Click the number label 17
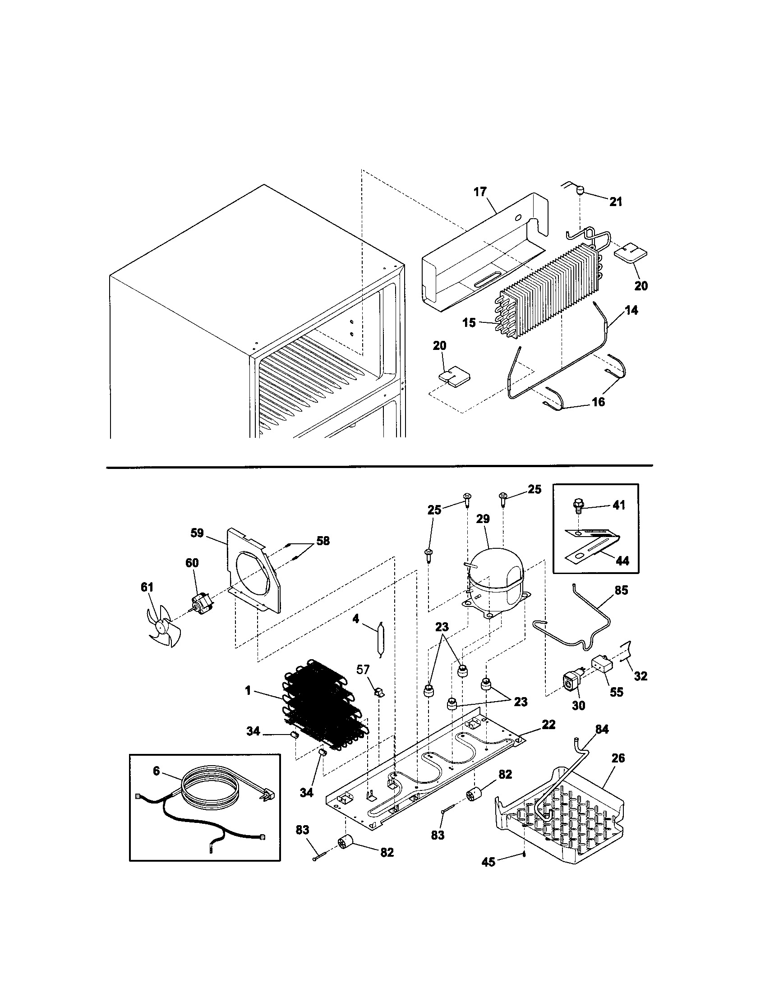[x=480, y=192]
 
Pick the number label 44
[x=622, y=561]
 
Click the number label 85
[x=621, y=591]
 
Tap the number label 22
[x=548, y=725]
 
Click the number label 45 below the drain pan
[x=488, y=862]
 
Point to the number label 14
[x=631, y=310]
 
